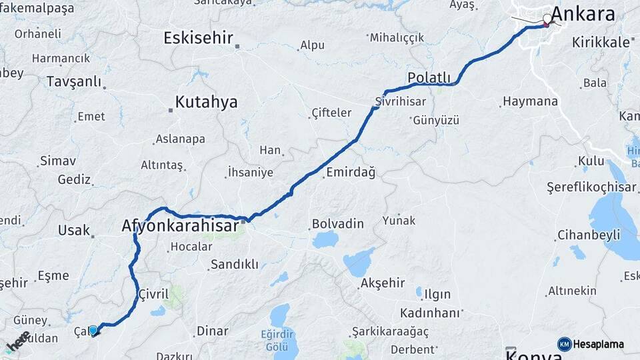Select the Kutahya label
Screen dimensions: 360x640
[206, 102]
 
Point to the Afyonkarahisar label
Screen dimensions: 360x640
[180, 226]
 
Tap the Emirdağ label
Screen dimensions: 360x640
[351, 173]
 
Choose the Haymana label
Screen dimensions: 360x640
[530, 101]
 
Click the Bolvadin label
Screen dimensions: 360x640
[338, 223]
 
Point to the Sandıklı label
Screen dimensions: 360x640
[234, 265]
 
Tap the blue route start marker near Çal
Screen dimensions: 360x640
[94, 330]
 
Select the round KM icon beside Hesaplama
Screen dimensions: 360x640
[564, 344]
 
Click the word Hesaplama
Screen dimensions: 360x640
[598, 344]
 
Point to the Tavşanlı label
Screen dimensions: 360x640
[73, 81]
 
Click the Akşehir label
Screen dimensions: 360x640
[382, 283]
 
